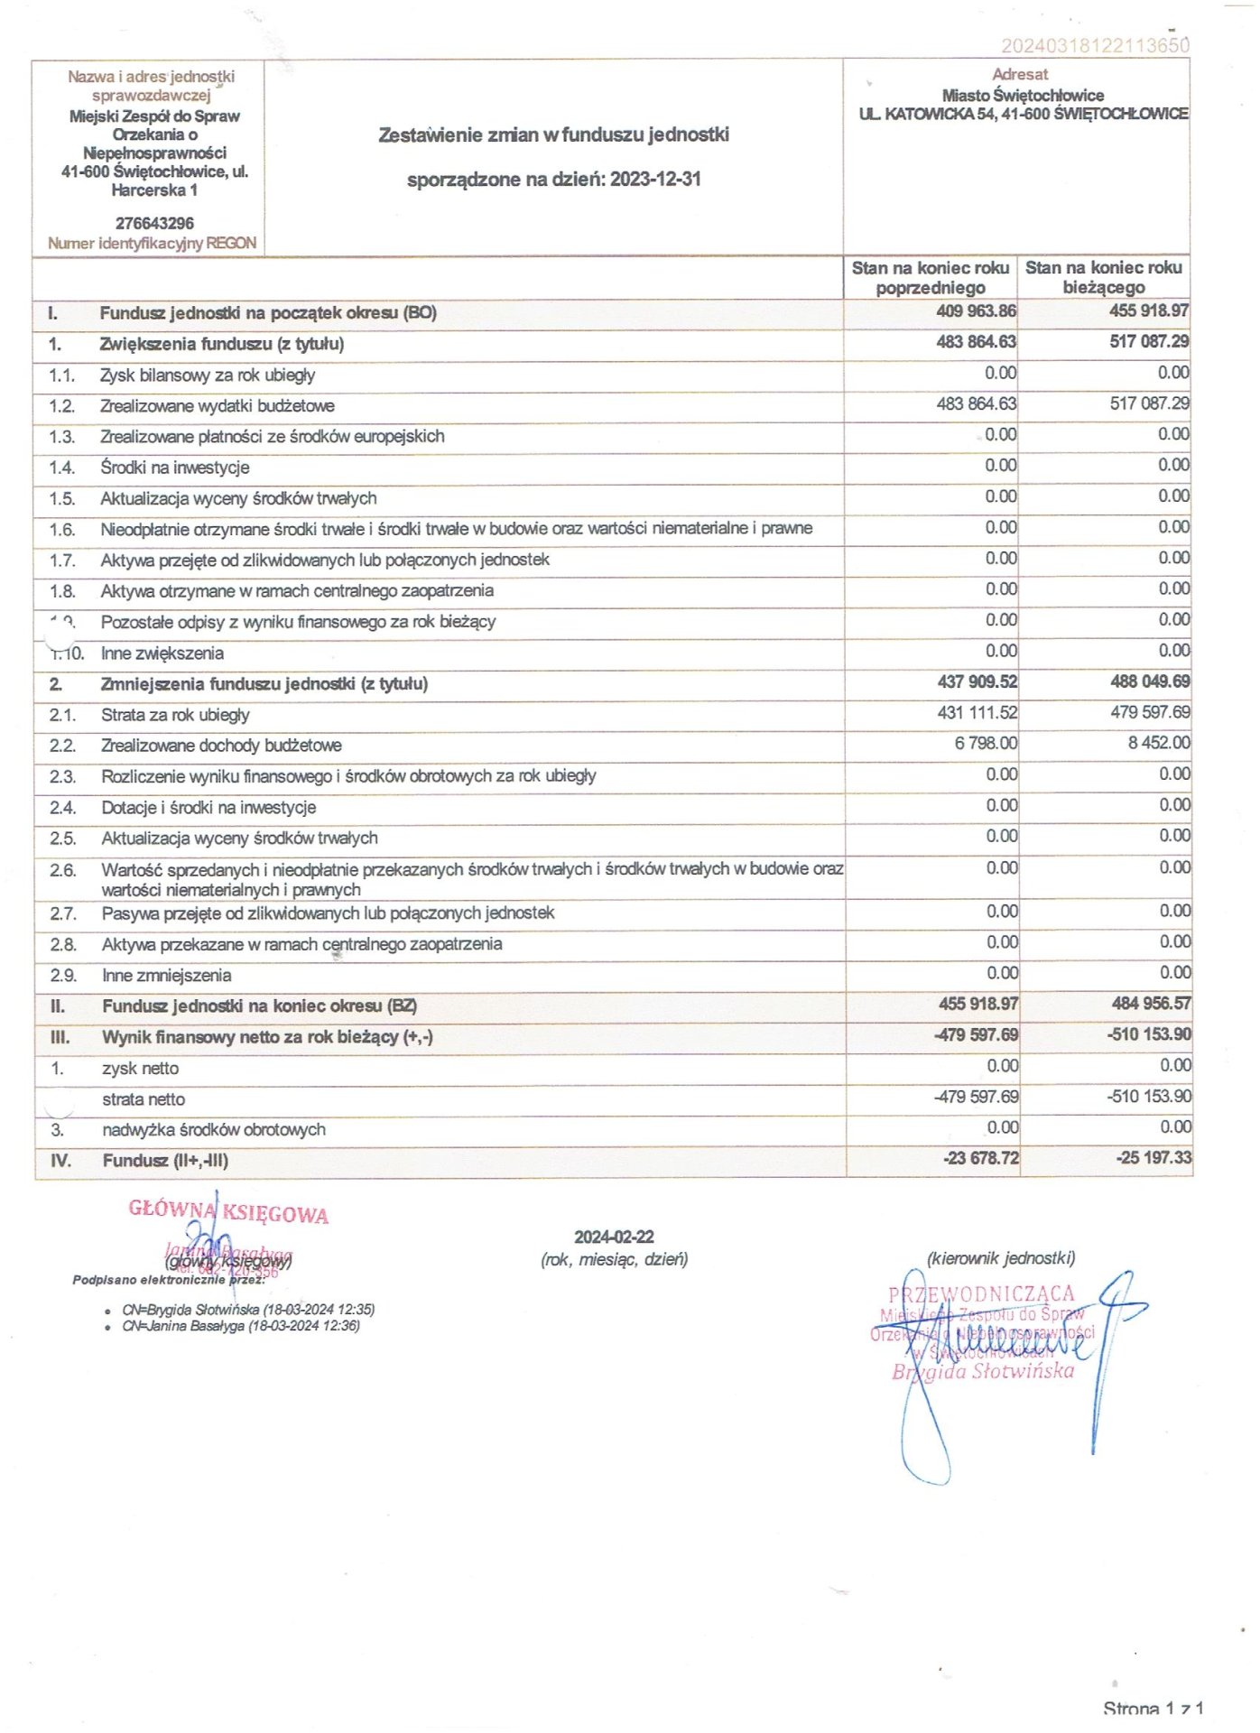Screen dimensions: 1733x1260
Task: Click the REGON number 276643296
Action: (x=154, y=223)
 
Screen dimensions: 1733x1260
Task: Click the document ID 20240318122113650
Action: (x=1095, y=45)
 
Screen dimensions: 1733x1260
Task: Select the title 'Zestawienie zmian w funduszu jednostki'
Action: (x=553, y=135)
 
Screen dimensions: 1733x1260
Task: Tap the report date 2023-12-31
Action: (x=655, y=179)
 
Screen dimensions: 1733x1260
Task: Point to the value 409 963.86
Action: (x=976, y=311)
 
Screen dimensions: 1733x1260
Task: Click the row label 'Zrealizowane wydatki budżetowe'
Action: (x=218, y=406)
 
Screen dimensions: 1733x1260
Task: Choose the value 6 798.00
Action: (x=986, y=743)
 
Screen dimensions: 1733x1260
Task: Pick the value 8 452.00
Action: (x=1159, y=743)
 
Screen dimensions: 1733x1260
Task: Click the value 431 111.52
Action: (x=977, y=712)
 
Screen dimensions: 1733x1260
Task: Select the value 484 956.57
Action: (x=1151, y=1004)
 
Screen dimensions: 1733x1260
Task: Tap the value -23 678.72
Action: (x=980, y=1158)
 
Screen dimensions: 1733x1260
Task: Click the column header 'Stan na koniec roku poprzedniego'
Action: (x=930, y=278)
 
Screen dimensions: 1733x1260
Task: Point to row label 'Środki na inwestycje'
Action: (x=175, y=468)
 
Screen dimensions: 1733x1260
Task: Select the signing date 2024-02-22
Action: (x=614, y=1237)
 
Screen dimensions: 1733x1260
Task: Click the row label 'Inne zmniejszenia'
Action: (x=167, y=976)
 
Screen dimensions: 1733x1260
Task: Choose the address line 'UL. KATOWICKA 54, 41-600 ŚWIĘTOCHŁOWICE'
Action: (x=1024, y=114)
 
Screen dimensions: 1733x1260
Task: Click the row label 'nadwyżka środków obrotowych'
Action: (x=214, y=1130)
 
